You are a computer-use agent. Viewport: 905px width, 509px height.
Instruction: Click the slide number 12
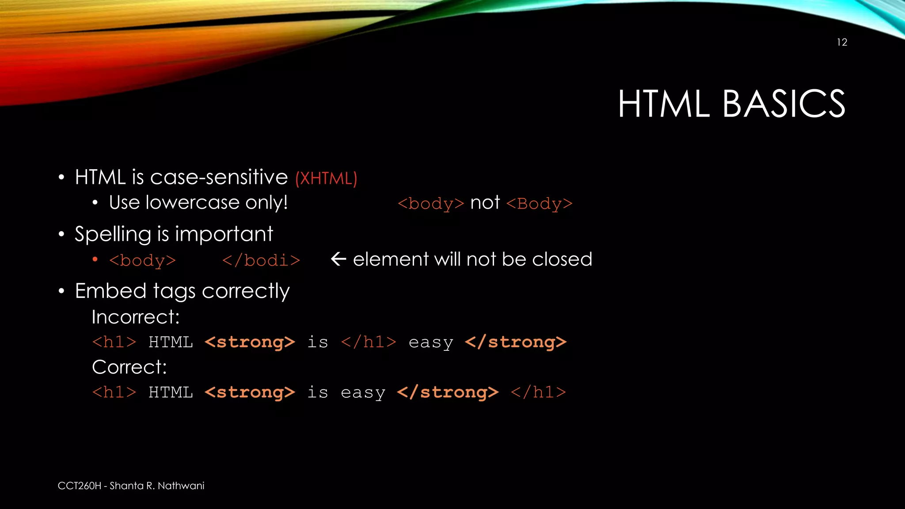(x=842, y=42)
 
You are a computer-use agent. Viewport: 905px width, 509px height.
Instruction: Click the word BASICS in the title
(x=783, y=104)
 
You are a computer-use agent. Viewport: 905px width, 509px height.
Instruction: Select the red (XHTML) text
(x=326, y=179)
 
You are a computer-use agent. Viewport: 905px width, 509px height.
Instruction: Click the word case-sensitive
(x=219, y=178)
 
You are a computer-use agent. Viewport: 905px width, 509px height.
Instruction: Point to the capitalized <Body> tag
(x=539, y=204)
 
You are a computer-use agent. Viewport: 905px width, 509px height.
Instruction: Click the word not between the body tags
(x=485, y=203)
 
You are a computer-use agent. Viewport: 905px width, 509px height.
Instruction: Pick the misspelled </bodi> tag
(x=261, y=260)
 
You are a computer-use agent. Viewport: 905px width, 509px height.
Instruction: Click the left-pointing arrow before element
(x=338, y=259)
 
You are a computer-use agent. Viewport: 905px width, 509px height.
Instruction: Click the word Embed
(x=110, y=291)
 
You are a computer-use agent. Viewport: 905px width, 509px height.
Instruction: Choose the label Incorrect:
(x=136, y=317)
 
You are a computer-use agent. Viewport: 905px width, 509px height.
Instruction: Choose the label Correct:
(x=129, y=367)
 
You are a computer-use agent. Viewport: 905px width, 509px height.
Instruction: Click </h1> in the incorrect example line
(x=369, y=342)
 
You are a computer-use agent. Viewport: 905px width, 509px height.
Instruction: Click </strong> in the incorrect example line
(x=515, y=342)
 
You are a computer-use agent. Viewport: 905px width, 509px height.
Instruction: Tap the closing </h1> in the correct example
(x=538, y=392)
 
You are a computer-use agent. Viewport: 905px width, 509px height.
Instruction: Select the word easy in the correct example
(x=363, y=393)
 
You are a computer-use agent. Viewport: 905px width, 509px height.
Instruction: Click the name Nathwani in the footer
(x=181, y=486)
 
